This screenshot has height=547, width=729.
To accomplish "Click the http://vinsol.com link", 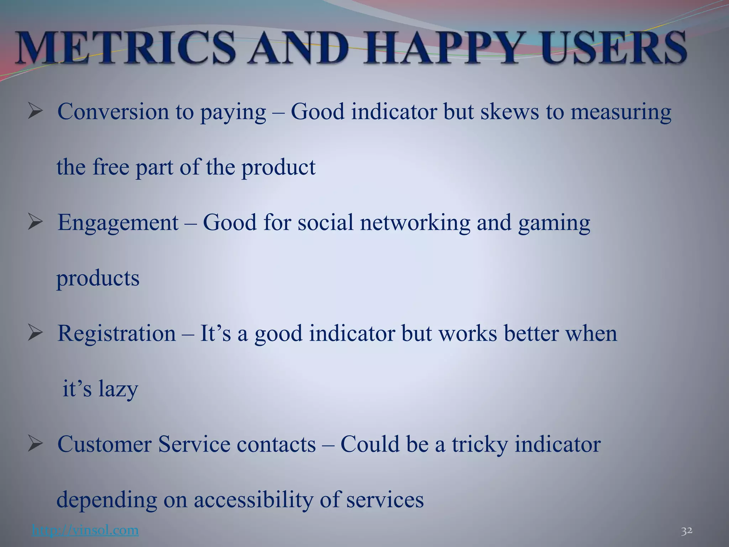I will click(85, 530).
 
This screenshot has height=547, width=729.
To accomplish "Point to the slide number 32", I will click(687, 531).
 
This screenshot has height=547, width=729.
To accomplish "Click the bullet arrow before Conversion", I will click(35, 112).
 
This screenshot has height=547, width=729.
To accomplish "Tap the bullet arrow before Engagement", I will click(35, 223).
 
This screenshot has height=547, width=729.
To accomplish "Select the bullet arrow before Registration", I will click(35, 334).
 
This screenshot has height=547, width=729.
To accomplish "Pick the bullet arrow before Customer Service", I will click(35, 445).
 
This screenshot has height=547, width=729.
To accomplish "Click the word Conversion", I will click(113, 111).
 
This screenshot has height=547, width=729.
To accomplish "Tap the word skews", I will click(510, 111).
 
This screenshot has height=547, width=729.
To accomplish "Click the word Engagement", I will click(118, 223).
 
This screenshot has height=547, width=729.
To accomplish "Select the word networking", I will click(415, 223).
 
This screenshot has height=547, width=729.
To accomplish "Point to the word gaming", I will click(554, 223).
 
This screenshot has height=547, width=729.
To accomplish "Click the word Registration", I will click(116, 334).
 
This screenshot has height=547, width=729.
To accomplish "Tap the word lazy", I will click(118, 389).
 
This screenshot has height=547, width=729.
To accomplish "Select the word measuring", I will click(621, 112).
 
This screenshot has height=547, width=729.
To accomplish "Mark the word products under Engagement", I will click(98, 278).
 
